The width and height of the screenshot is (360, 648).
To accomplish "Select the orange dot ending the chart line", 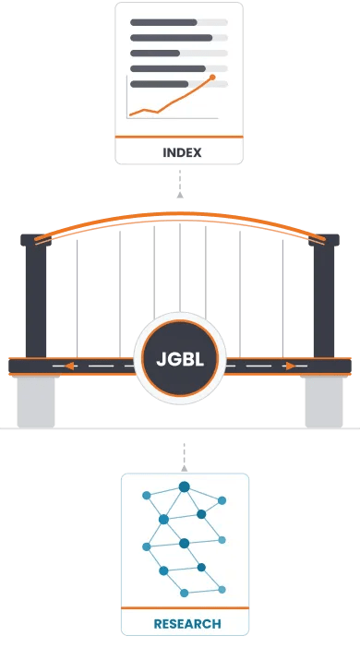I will pos(213,78).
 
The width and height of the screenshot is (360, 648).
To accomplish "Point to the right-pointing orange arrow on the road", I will pos(291,366).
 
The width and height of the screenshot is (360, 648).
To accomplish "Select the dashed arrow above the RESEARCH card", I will pos(184,455).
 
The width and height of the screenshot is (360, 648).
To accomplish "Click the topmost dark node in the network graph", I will pos(184,486).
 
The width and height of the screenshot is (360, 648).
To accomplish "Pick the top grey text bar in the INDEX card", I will pos(164,21).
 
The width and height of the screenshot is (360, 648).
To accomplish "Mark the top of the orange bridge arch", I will pos(180,215).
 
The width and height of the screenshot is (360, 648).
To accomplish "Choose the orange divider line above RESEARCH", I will pos(185,609).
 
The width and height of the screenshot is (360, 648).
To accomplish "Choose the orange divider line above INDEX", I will pos(179,137).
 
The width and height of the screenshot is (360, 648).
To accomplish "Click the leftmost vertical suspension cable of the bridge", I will pos(78,295).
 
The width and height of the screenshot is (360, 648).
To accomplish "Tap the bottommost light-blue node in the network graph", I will pos(184,591).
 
